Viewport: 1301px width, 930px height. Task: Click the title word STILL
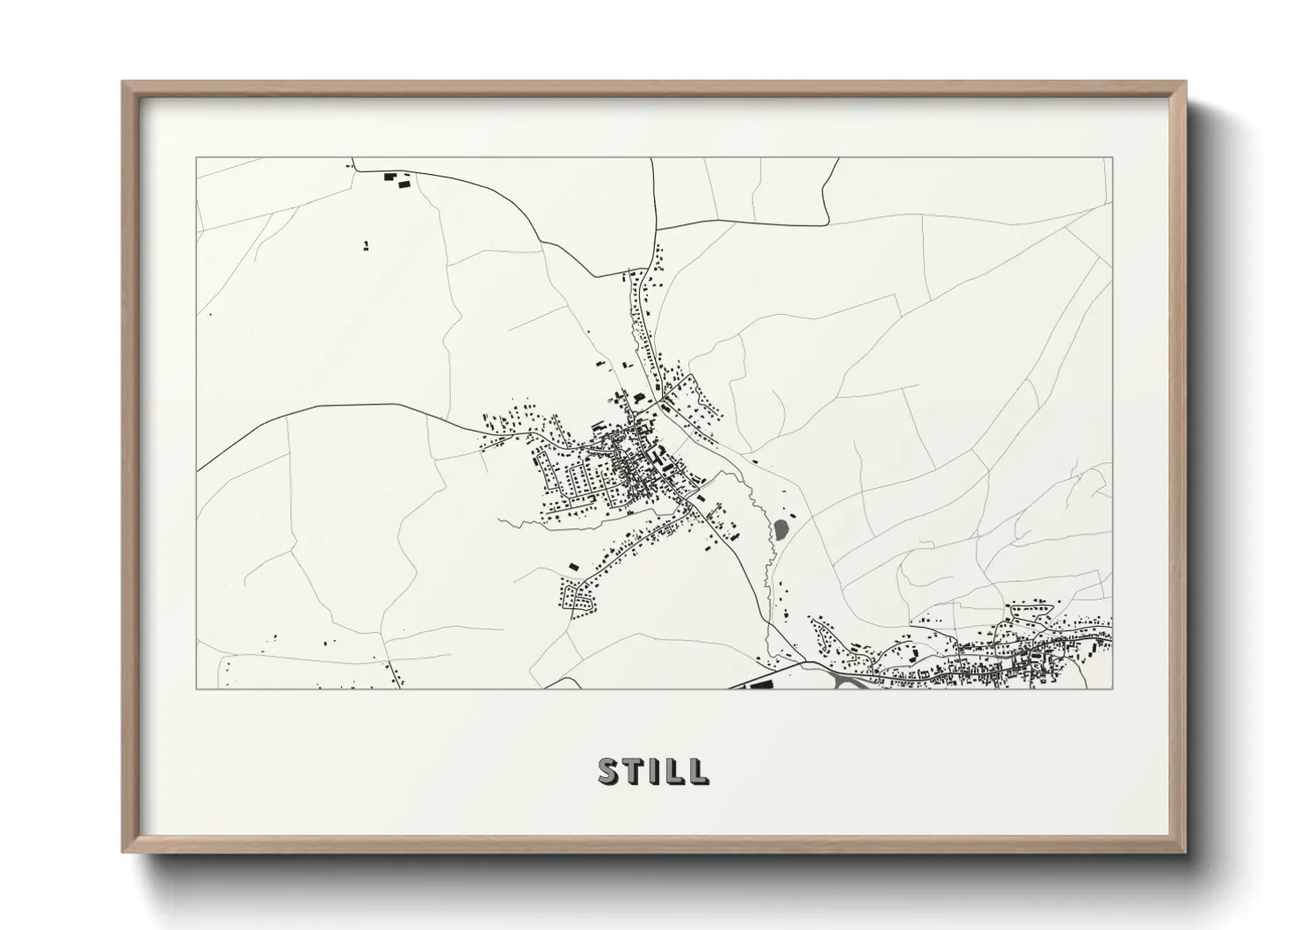tap(653, 771)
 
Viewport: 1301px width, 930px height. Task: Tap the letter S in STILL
tap(608, 771)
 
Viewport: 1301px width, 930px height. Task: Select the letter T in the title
tap(633, 771)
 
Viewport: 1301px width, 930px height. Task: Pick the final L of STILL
tap(698, 771)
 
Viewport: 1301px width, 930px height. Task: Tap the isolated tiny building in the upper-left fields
tap(366, 245)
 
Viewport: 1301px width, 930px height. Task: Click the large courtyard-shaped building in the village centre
tap(657, 455)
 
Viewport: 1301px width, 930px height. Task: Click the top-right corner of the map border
tap(1112, 158)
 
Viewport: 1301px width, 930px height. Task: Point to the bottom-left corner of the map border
tap(197, 688)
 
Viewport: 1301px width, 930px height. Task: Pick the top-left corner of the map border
tap(197, 158)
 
